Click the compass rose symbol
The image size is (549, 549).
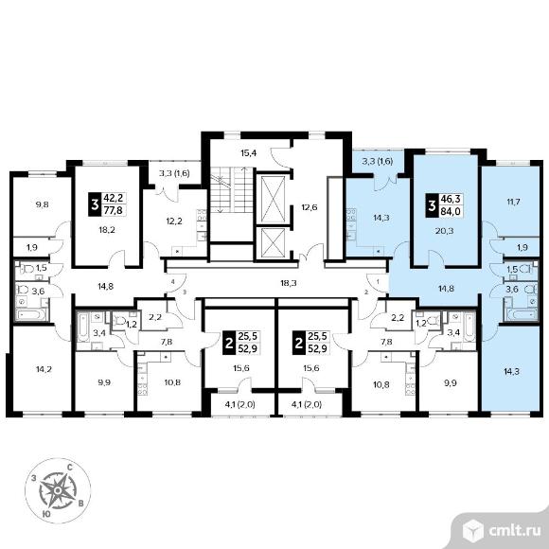(x=58, y=490)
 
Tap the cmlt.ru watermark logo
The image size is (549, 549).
(x=502, y=531)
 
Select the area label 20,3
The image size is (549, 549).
(x=446, y=231)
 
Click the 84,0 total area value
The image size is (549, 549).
(x=451, y=211)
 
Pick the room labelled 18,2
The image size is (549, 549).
(x=108, y=230)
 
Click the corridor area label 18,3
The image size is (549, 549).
(x=289, y=283)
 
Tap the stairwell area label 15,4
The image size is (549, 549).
(x=249, y=153)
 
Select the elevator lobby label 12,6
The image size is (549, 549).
(x=310, y=207)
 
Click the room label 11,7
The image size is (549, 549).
(x=513, y=202)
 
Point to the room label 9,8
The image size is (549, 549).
(x=42, y=204)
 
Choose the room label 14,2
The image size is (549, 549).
(x=44, y=368)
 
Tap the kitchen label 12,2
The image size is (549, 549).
(x=174, y=221)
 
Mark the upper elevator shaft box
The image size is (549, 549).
(x=274, y=198)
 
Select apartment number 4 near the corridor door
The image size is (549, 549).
(x=172, y=281)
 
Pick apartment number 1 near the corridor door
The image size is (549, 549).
(x=378, y=281)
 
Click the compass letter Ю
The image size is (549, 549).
(x=45, y=514)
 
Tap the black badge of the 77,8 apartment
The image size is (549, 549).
(x=95, y=204)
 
